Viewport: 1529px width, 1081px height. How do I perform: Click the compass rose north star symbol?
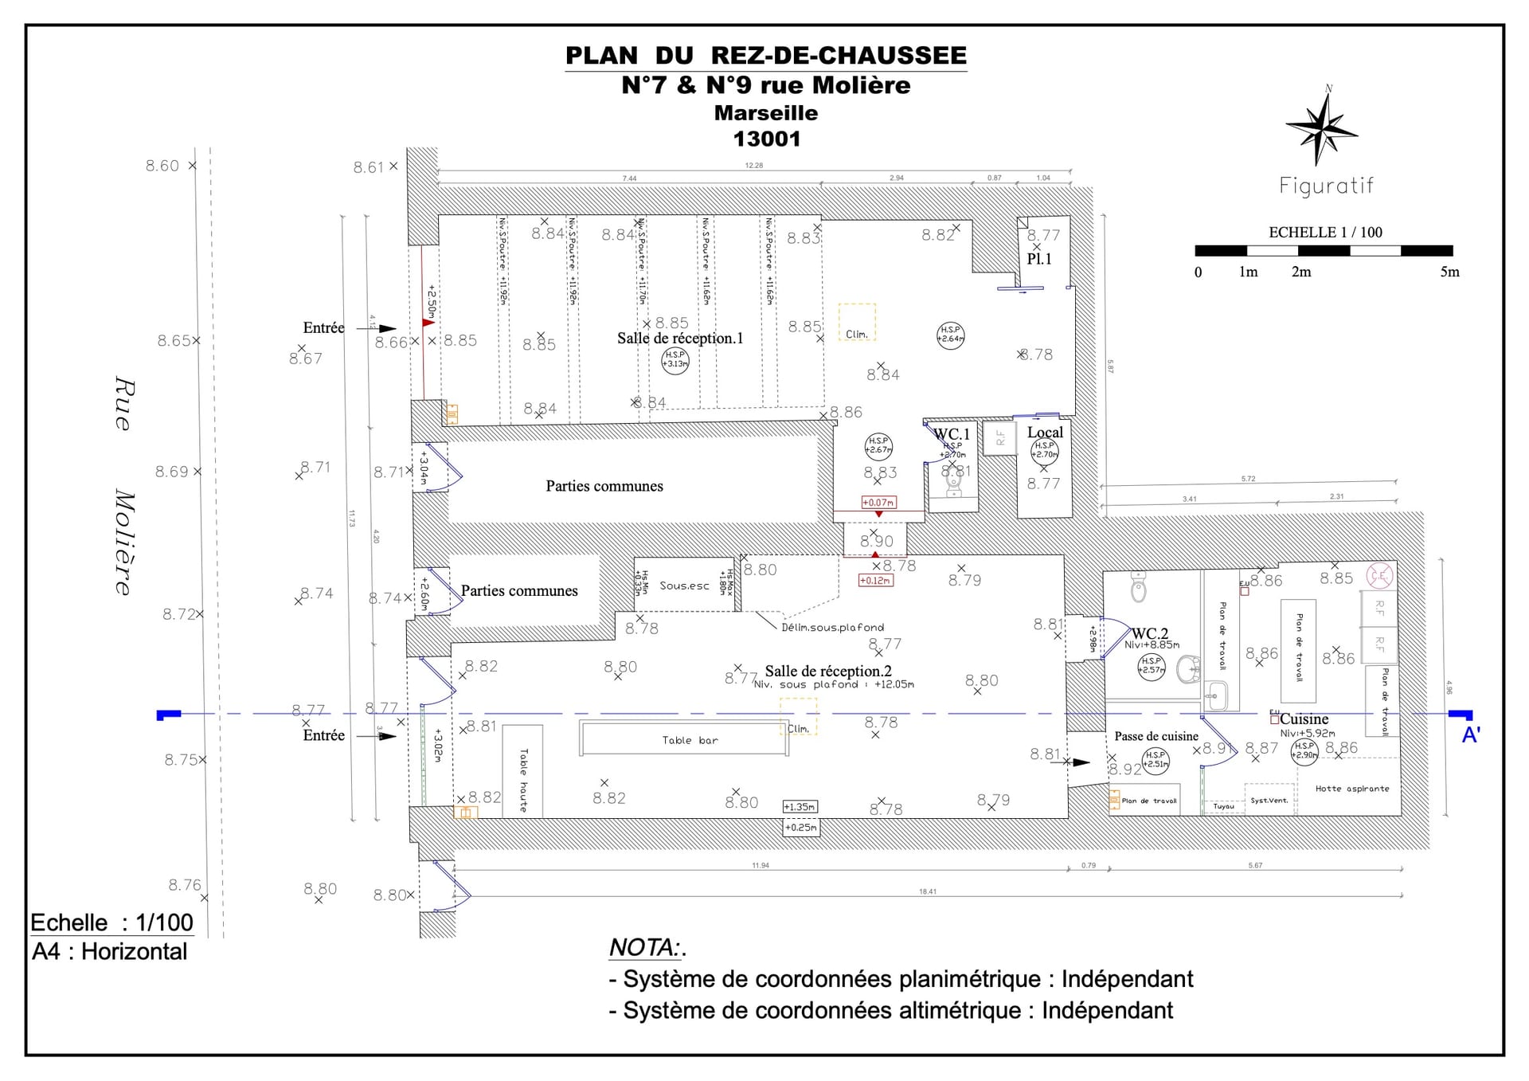pyautogui.click(x=1321, y=128)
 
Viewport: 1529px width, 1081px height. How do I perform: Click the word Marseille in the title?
pyautogui.click(x=765, y=113)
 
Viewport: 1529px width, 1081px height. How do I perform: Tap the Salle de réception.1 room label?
pyautogui.click(x=679, y=338)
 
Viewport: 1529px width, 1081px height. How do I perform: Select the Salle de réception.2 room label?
pyautogui.click(x=827, y=671)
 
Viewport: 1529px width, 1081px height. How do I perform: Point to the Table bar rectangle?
pyautogui.click(x=684, y=738)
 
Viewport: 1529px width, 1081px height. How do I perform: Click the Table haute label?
pyautogui.click(x=523, y=780)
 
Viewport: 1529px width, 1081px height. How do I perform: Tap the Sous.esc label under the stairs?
pyautogui.click(x=684, y=586)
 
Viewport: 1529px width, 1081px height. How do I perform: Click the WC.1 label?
pyautogui.click(x=952, y=434)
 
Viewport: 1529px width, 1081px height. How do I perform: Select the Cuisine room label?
pyautogui.click(x=1304, y=719)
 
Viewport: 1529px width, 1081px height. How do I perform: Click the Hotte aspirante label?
pyautogui.click(x=1351, y=789)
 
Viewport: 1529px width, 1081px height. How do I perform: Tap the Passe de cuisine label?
pyautogui.click(x=1156, y=736)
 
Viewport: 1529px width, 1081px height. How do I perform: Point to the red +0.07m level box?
pyautogui.click(x=878, y=503)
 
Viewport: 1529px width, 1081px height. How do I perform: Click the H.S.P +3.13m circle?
pyautogui.click(x=675, y=360)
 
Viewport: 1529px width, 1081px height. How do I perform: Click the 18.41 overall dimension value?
pyautogui.click(x=927, y=891)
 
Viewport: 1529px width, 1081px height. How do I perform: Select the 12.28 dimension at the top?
pyautogui.click(x=753, y=166)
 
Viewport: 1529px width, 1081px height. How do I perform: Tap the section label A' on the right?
pyautogui.click(x=1470, y=735)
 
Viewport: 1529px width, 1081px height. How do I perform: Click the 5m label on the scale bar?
pyautogui.click(x=1449, y=272)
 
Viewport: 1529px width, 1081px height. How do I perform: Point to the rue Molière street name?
pyautogui.click(x=123, y=486)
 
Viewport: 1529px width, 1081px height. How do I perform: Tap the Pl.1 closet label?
pyautogui.click(x=1038, y=259)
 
